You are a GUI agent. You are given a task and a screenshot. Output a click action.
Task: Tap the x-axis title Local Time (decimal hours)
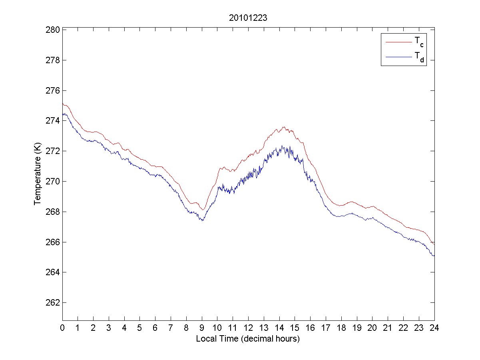click(x=248, y=339)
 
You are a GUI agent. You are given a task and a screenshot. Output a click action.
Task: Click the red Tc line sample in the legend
click(x=398, y=42)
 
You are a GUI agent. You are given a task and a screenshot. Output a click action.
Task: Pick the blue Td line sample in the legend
click(x=398, y=58)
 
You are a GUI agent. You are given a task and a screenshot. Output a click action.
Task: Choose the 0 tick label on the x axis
click(x=62, y=328)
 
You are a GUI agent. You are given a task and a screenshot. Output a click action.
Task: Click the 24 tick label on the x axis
click(x=434, y=328)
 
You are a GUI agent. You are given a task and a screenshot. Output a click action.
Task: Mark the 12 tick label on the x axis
click(x=248, y=328)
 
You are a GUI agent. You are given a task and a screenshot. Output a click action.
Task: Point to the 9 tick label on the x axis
click(x=202, y=328)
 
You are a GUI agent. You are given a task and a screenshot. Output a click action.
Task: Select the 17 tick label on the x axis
click(x=326, y=328)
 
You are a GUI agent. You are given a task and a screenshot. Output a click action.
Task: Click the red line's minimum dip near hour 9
click(x=203, y=210)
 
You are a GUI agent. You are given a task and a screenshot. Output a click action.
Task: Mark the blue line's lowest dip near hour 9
click(x=203, y=220)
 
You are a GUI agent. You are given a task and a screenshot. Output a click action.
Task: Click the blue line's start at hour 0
click(x=63, y=114)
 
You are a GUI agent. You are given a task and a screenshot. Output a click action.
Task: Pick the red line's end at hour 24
click(x=434, y=244)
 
